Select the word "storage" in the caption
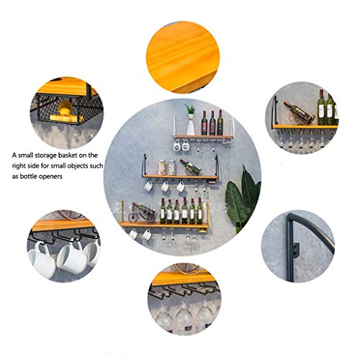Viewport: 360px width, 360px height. point(46,156)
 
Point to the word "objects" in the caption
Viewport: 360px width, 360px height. point(78,166)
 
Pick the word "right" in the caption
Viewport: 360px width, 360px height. point(18,166)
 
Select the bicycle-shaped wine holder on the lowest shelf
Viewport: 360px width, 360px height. point(142,213)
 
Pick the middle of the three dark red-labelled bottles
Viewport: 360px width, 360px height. point(212,122)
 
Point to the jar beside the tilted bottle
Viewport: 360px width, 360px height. point(172,168)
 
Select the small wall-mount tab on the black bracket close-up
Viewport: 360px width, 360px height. point(297,250)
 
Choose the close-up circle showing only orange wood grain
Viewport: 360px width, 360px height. point(183,57)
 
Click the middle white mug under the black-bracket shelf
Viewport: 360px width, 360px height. point(165,186)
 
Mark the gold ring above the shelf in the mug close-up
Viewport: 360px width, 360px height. point(71,215)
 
